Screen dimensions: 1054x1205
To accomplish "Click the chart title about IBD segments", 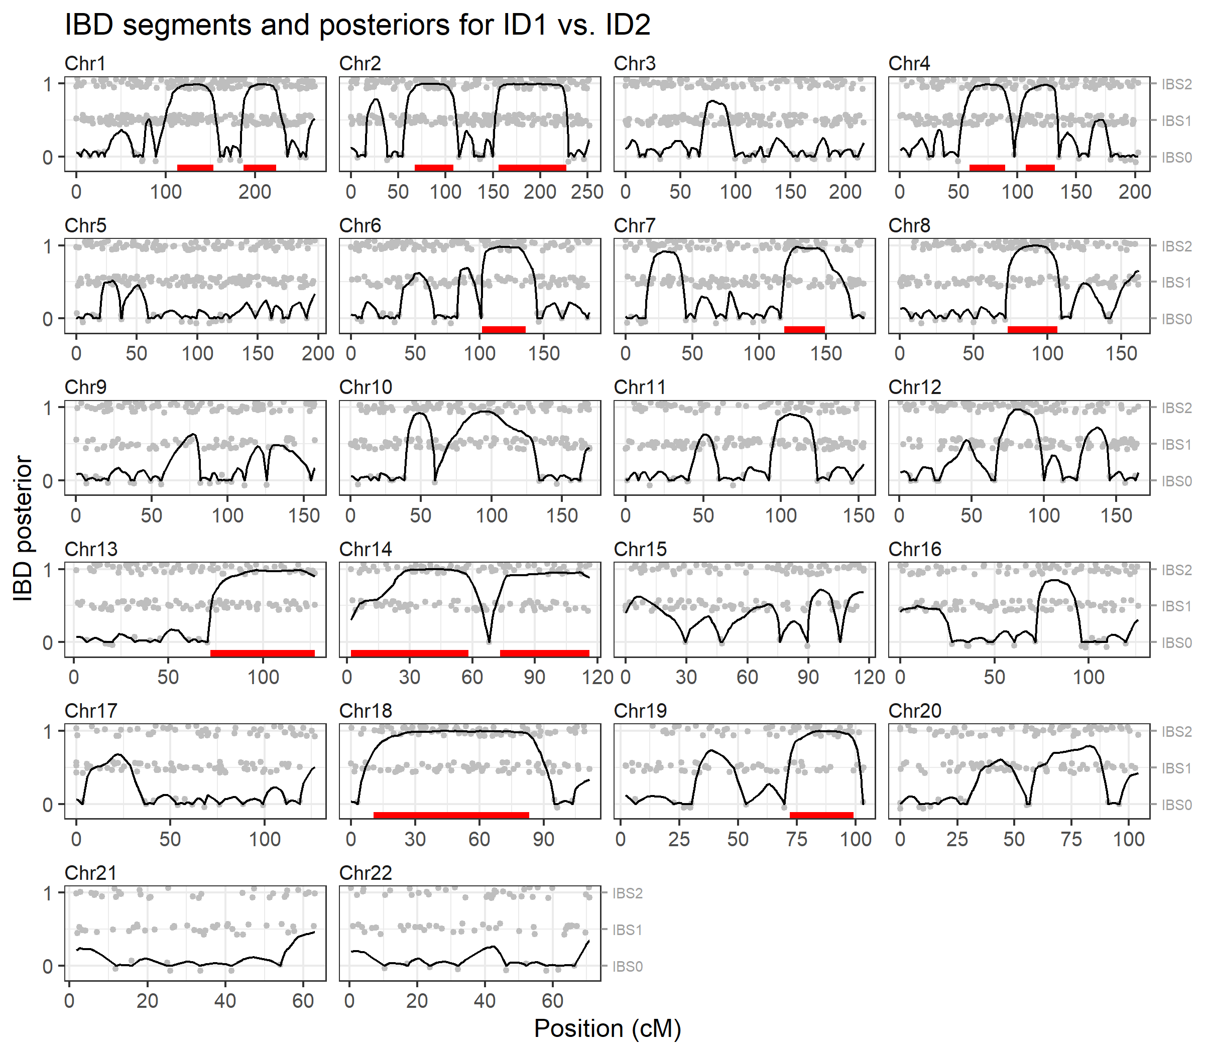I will pyautogui.click(x=357, y=25).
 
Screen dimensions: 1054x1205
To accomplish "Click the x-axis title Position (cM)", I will pyautogui.click(x=607, y=1027).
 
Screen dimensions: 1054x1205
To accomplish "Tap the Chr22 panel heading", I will pyautogui.click(x=365, y=872).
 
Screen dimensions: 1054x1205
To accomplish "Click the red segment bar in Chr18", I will pyautogui.click(x=451, y=815).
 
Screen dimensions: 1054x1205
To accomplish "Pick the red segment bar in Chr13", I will pyautogui.click(x=263, y=653).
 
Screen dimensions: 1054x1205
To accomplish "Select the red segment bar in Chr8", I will pyautogui.click(x=1032, y=329).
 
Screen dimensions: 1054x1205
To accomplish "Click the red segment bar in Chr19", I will pyautogui.click(x=821, y=815).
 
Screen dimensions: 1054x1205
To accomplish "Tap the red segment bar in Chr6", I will pyautogui.click(x=503, y=329).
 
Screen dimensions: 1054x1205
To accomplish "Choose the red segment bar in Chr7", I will pyautogui.click(x=804, y=329).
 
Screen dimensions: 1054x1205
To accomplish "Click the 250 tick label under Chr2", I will pyautogui.click(x=586, y=192).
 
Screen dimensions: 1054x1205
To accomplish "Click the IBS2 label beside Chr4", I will pyautogui.click(x=1176, y=84).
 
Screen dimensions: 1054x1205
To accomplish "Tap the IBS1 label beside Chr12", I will pyautogui.click(x=1176, y=445).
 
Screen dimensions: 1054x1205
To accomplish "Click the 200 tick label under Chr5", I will pyautogui.click(x=318, y=353).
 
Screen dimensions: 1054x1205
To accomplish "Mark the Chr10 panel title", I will pyautogui.click(x=365, y=387).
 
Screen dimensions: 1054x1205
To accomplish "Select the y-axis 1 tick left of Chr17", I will pyautogui.click(x=48, y=731).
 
